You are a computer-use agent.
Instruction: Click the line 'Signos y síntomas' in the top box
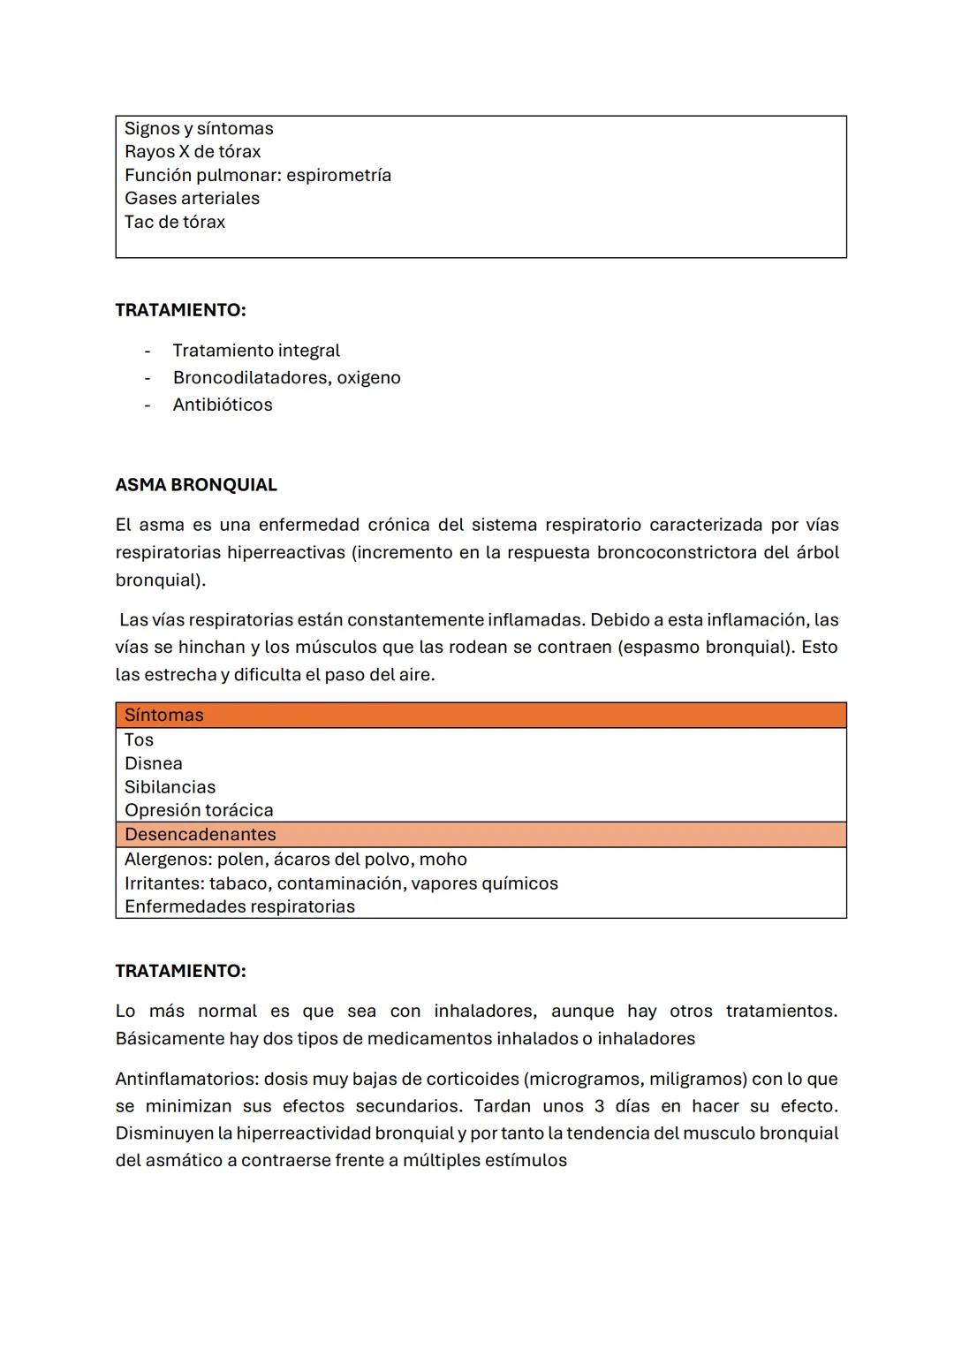199,129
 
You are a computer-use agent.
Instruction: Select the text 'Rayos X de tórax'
193,152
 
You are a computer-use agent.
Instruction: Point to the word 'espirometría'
338,176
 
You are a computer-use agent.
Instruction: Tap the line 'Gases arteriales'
192,199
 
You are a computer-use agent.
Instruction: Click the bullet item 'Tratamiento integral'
256,351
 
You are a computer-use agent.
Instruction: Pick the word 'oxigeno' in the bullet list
368,378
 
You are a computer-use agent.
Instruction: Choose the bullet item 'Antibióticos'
223,405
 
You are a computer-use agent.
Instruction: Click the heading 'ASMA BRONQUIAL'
196,485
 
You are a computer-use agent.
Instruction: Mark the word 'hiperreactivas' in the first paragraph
285,553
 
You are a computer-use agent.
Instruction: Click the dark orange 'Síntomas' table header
164,716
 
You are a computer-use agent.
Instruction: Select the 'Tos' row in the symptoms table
139,740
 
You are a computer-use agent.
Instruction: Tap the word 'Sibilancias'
170,787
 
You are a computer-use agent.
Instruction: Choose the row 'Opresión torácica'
199,811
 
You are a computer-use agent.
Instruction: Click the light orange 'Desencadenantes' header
201,835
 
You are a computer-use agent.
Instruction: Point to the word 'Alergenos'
166,860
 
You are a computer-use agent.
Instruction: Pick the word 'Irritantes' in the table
163,883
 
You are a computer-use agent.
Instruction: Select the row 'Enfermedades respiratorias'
239,907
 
